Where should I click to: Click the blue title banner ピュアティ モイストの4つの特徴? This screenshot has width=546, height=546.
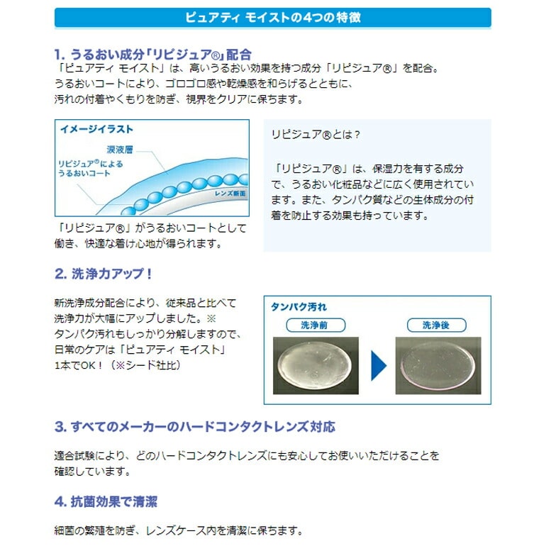(x=273, y=18)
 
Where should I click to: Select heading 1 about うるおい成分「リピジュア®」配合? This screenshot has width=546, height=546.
(x=153, y=55)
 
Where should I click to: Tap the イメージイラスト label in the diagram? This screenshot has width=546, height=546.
(x=97, y=129)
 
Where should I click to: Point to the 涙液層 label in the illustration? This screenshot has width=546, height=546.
(x=120, y=150)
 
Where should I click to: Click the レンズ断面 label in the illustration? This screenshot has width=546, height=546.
(x=230, y=194)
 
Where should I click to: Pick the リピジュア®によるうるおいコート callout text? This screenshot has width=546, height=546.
(x=91, y=169)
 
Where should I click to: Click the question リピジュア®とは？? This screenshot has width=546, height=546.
(x=316, y=135)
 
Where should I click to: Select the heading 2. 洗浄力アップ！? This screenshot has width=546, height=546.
(x=104, y=274)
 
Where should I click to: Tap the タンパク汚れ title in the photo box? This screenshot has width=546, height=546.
(x=299, y=307)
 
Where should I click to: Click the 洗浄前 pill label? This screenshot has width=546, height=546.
(x=316, y=325)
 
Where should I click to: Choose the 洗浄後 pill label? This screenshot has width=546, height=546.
(x=436, y=325)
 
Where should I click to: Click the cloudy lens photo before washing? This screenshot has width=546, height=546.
(x=316, y=365)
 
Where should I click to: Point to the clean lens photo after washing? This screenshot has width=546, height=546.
(x=438, y=365)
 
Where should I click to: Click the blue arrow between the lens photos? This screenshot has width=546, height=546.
(x=378, y=365)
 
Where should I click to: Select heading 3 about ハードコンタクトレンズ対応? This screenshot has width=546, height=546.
(x=195, y=427)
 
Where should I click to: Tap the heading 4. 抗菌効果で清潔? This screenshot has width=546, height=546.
(x=106, y=502)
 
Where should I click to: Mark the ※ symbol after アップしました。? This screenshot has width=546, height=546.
(x=211, y=318)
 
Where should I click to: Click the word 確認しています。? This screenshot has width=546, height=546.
(x=93, y=471)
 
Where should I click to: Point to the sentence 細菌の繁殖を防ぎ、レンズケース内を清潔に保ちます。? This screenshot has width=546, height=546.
(x=179, y=530)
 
